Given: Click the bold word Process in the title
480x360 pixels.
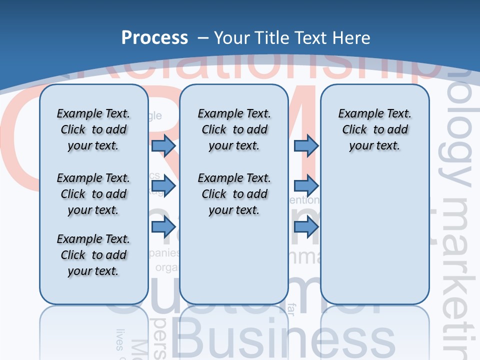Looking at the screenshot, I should [x=154, y=37].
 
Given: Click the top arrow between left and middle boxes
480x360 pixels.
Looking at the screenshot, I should [x=163, y=145].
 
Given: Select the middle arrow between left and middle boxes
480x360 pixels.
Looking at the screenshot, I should [x=163, y=186].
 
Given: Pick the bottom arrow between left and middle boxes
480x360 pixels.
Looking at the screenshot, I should [x=163, y=227].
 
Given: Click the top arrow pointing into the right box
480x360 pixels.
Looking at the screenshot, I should [x=306, y=145].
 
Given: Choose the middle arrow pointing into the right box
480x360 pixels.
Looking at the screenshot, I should [x=306, y=186].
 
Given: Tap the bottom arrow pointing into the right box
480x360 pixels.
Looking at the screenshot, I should [x=306, y=227].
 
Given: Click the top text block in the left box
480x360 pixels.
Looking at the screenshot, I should [x=93, y=129].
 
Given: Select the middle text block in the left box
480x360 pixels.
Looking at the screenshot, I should [x=93, y=194].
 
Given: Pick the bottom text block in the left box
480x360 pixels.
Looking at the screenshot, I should [x=93, y=255].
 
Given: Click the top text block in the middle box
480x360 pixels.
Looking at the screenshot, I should [x=234, y=129].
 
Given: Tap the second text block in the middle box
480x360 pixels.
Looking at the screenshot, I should [x=234, y=194].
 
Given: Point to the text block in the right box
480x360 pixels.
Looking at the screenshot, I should [x=374, y=129].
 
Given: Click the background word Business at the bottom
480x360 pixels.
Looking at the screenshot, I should [x=285, y=340].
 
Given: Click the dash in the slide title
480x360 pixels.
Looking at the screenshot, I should [x=203, y=37].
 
